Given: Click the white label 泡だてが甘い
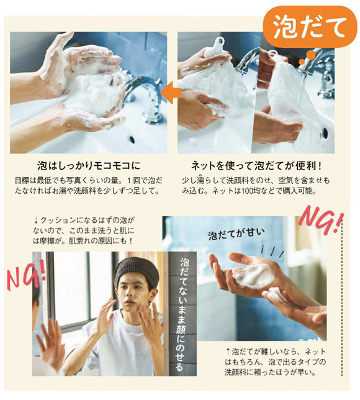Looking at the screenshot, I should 236,234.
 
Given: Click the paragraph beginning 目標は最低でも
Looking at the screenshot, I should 89,184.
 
